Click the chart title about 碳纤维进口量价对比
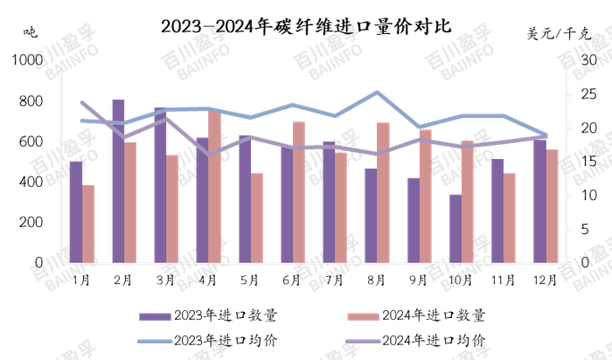[306, 25]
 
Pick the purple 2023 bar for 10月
[456, 228]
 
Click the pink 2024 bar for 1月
[88, 224]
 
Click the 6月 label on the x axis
[292, 280]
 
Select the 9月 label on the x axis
[419, 280]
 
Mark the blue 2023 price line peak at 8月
[377, 92]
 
